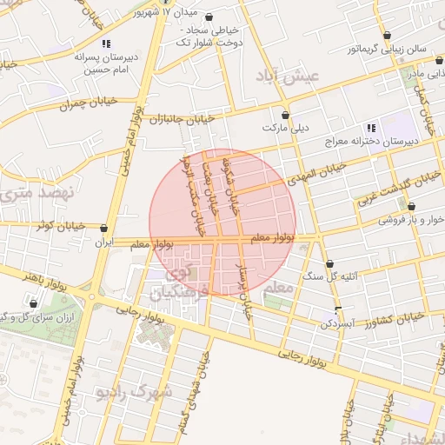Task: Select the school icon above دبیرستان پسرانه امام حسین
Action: tap(106, 43)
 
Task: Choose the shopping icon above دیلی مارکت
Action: tap(284, 114)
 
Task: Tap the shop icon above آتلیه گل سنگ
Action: tap(329, 263)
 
